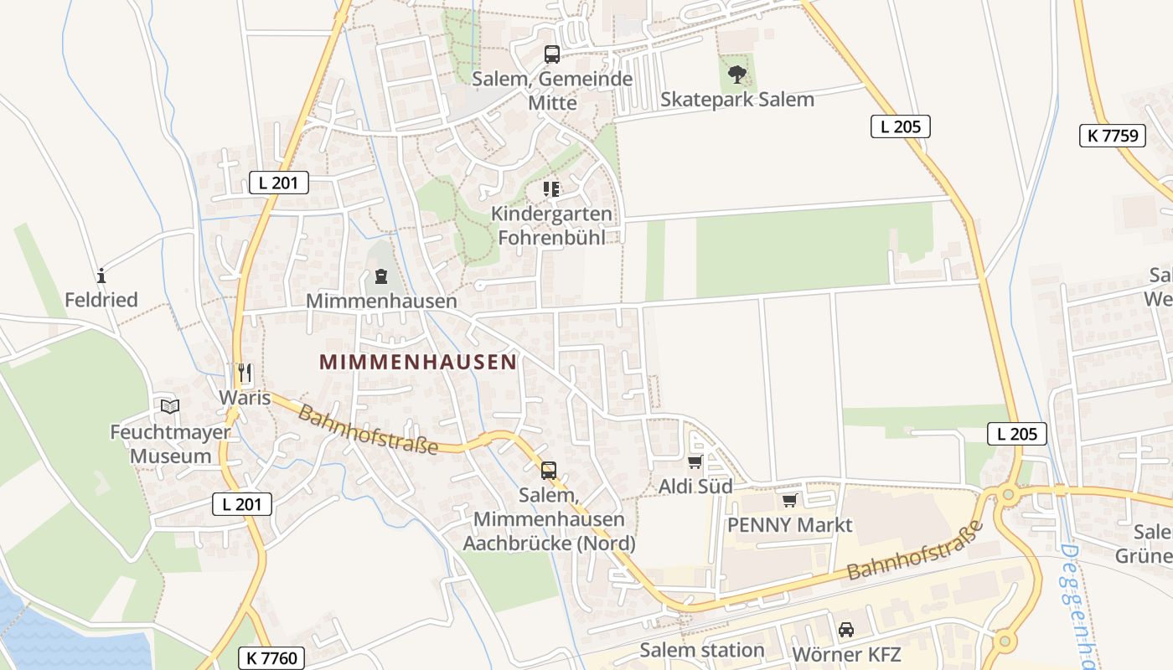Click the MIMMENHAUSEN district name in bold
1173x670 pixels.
[x=417, y=362]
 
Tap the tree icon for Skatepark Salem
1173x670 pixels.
[x=737, y=75]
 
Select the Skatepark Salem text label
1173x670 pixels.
[x=737, y=99]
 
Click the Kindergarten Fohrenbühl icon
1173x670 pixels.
[x=550, y=189]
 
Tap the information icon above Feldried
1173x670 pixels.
[x=101, y=275]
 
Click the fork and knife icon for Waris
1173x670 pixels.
[x=245, y=372]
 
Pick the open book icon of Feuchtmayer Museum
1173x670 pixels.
[x=170, y=407]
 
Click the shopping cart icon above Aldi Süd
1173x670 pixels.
[x=695, y=461]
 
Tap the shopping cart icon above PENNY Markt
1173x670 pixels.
[x=789, y=500]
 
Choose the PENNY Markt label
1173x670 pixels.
[x=789, y=525]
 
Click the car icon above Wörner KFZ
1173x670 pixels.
[x=846, y=629]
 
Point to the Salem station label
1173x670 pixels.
[x=702, y=650]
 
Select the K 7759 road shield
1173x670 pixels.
[x=1112, y=136]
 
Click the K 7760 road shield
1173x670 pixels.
[x=273, y=658]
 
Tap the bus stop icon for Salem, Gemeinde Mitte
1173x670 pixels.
[x=552, y=54]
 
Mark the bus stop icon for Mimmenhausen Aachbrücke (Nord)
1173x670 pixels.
[x=549, y=471]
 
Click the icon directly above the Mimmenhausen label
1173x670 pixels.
[x=381, y=276]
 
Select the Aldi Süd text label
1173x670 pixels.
[x=695, y=487]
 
